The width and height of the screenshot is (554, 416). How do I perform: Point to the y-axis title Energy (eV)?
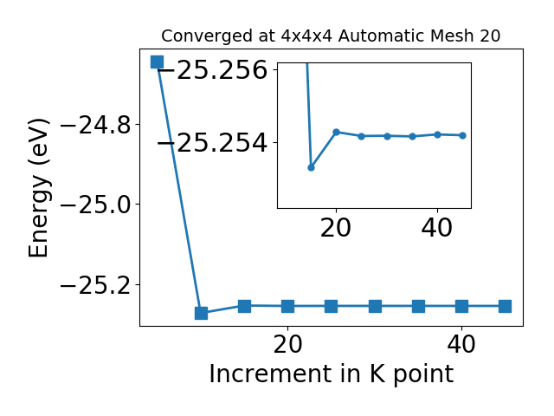(38, 188)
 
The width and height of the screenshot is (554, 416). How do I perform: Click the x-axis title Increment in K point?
(331, 374)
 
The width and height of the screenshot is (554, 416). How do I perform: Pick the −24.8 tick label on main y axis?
(96, 125)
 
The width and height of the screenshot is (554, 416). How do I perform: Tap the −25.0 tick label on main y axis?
(96, 205)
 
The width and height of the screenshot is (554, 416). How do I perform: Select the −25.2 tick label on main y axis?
(96, 285)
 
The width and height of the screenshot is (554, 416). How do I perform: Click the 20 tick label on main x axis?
(288, 344)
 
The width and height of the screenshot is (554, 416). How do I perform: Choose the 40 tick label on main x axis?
(461, 344)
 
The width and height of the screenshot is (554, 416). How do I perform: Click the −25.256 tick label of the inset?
(213, 69)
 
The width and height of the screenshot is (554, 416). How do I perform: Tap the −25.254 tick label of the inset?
(213, 142)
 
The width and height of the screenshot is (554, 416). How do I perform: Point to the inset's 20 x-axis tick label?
(336, 228)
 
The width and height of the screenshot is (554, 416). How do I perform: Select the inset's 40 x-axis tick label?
(437, 228)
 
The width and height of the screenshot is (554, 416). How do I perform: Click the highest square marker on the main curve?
(158, 62)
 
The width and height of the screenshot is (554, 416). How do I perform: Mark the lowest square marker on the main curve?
(201, 313)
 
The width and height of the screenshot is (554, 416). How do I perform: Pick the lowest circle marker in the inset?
(311, 167)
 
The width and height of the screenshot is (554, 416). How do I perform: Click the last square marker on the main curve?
(505, 306)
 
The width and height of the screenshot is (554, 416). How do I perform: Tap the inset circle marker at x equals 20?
(337, 133)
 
